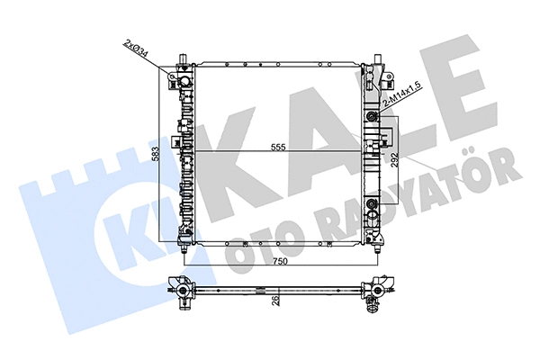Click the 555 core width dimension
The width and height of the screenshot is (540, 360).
coord(278,147)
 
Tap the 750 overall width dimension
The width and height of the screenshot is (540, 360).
coord(280,262)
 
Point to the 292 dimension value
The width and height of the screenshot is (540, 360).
coord(395,159)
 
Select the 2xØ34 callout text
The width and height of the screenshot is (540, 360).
coord(137,49)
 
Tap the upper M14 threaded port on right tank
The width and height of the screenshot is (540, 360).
coord(373,115)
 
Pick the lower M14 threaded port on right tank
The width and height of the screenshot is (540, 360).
coord(373,202)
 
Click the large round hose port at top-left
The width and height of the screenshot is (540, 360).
coord(184,81)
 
